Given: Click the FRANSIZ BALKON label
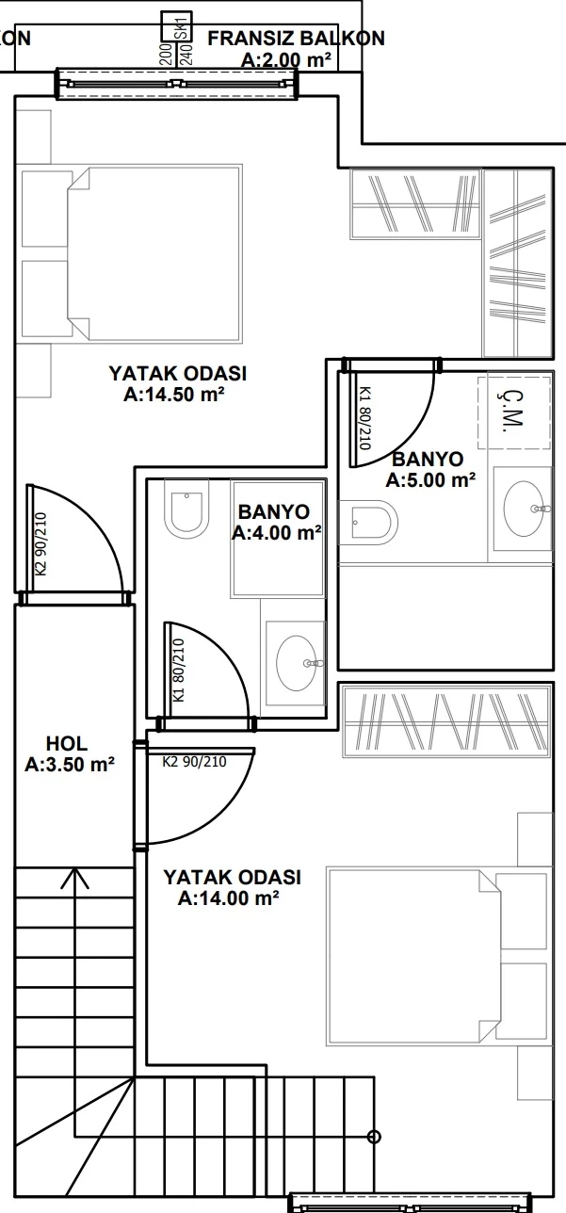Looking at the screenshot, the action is click(x=297, y=39).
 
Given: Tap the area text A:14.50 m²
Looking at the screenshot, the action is click(x=174, y=395).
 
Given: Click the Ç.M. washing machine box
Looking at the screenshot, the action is click(x=514, y=412).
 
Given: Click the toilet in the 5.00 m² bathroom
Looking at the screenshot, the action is click(x=368, y=523).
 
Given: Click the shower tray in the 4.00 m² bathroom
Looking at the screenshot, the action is click(x=279, y=539).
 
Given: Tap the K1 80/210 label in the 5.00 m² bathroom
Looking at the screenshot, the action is click(x=365, y=417).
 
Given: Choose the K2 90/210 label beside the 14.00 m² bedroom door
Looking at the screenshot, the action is click(x=194, y=762).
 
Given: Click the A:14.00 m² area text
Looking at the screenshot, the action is click(x=229, y=898).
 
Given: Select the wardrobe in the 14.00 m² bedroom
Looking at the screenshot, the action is click(x=446, y=720).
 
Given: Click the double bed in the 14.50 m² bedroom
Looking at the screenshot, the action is click(x=129, y=253).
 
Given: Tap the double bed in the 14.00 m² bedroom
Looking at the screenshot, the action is click(x=439, y=957).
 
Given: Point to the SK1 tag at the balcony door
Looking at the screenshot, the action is click(x=183, y=27).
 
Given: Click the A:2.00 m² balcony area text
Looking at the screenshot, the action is click(x=286, y=59).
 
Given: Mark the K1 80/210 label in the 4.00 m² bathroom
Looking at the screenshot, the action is click(x=179, y=671).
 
